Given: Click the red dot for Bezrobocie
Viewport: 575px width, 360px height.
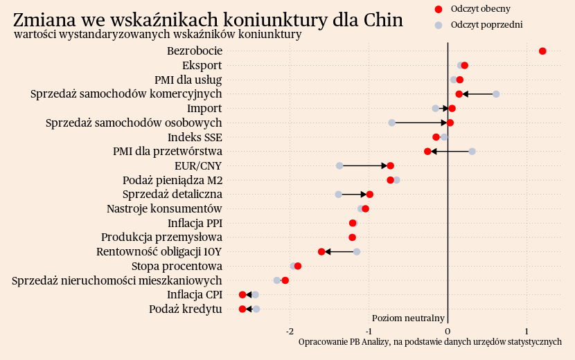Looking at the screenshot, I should tap(542, 51).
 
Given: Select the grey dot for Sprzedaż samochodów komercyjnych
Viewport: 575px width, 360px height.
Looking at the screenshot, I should tap(496, 94).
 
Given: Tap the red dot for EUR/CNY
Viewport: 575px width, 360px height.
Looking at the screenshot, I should tap(391, 165).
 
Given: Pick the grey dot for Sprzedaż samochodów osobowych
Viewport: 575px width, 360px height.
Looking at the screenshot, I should tap(391, 123).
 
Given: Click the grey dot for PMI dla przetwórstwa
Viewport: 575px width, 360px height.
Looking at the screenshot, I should tap(472, 151).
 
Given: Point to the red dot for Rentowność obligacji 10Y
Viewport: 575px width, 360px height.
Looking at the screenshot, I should tap(321, 251).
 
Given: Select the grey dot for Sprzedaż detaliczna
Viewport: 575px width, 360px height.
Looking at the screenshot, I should tap(338, 194).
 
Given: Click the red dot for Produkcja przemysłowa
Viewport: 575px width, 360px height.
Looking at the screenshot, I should tap(352, 237).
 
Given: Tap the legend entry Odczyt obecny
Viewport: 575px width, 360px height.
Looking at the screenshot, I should tap(480, 8).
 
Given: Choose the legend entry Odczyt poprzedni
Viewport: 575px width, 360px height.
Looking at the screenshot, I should tap(486, 24).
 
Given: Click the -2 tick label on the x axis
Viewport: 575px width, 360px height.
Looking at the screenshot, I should tap(290, 331).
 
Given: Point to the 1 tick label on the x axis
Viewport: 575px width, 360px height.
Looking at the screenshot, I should tap(527, 331).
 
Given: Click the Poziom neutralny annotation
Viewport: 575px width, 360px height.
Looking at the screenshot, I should tap(408, 318).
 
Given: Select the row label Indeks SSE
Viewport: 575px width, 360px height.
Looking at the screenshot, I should tap(195, 137).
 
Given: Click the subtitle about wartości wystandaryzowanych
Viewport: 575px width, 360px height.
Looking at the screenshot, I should tap(157, 34).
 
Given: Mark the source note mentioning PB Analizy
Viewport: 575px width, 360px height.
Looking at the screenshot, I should tap(430, 342).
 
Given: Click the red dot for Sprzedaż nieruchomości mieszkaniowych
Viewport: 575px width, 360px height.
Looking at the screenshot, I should tap(285, 280).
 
